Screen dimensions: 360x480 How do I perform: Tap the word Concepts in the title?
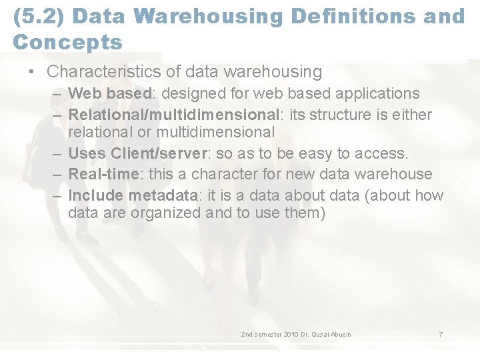pyautogui.click(x=67, y=42)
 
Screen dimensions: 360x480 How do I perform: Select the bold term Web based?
pyautogui.click(x=110, y=93)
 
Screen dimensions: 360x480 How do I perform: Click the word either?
pyautogui.click(x=409, y=115)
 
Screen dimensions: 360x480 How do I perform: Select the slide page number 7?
pyautogui.click(x=440, y=333)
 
